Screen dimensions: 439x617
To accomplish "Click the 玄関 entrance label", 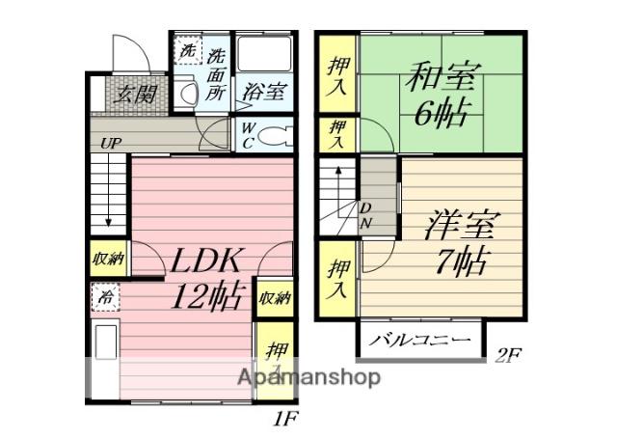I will tap(125, 94).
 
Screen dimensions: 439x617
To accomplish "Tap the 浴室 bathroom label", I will tap(263, 93).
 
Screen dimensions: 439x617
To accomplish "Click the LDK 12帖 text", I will tap(207, 277).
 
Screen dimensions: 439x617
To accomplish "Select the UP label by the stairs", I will tap(112, 144).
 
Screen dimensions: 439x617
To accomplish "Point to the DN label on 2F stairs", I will tap(367, 217).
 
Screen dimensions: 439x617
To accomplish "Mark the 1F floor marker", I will tap(285, 420).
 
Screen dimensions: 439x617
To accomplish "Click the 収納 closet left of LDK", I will tap(109, 258).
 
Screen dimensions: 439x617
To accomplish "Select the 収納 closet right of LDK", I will tap(275, 299).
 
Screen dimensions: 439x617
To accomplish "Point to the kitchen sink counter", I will tap(104, 358).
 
